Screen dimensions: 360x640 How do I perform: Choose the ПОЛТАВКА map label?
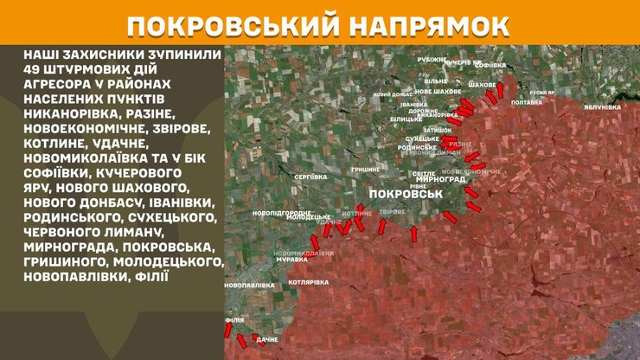point(527,102)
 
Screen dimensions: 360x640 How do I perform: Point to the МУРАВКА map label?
point(291,259)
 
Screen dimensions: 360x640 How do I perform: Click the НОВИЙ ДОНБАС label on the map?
point(390,94)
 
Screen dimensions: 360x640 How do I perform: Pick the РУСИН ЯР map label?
point(542,92)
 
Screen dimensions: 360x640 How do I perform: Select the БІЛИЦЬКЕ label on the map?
point(405,119)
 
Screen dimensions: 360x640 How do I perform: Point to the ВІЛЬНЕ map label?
point(436,80)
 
